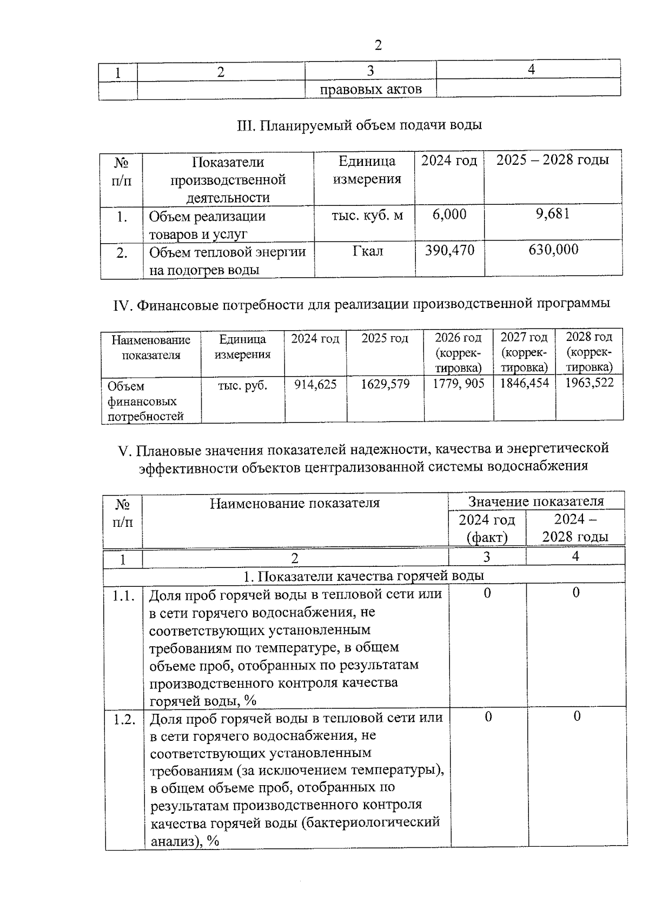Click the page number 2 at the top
(378, 45)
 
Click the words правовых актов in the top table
(370, 89)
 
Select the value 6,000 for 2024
(449, 215)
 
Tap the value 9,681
(553, 214)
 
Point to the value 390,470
(449, 250)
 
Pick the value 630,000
(553, 250)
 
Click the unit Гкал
(368, 251)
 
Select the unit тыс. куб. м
(367, 216)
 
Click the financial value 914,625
(315, 384)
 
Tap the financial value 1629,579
(385, 384)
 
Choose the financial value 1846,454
(524, 384)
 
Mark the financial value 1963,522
(590, 383)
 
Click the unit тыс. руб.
(242, 385)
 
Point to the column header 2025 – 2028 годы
(553, 160)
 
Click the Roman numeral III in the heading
(246, 125)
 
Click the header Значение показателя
(536, 501)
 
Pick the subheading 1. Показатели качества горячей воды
(363, 576)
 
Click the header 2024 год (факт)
(487, 528)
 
